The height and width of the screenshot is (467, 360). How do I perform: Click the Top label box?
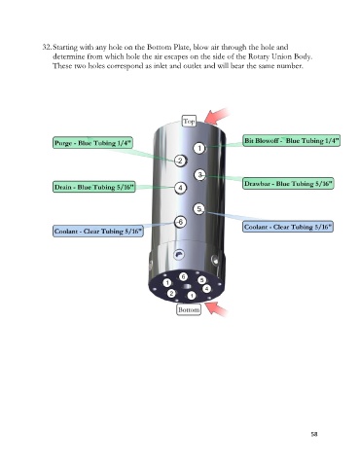(x=189, y=122)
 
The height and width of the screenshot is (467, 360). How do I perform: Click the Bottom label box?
(x=189, y=309)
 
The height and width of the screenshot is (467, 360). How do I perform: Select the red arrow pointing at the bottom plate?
(x=217, y=308)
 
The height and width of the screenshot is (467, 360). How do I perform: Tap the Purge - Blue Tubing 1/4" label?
(x=92, y=143)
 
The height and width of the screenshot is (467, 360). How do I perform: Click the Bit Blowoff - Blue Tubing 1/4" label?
(x=292, y=140)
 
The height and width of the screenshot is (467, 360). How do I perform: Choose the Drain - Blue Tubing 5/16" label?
(x=94, y=187)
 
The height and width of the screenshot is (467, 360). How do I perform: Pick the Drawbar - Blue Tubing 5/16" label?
(x=288, y=184)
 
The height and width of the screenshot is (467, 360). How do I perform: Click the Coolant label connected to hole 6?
(x=98, y=232)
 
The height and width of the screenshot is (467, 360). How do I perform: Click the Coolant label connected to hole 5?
(x=288, y=227)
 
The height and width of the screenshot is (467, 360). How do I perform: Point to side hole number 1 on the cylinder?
(x=199, y=148)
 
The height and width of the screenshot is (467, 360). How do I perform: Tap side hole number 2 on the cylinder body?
(x=180, y=161)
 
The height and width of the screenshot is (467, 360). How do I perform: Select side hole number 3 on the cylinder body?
(x=199, y=175)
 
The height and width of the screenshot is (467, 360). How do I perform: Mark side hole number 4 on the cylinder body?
(x=180, y=188)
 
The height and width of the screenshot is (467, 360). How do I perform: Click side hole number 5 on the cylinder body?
(x=199, y=209)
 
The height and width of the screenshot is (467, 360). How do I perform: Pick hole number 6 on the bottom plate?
(x=184, y=276)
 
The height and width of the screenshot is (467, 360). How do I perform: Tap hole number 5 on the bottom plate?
(x=201, y=280)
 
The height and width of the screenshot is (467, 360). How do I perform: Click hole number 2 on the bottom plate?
(x=171, y=294)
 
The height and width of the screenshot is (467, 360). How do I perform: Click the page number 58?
(x=314, y=434)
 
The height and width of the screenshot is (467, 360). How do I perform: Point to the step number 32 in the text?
(x=47, y=47)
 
